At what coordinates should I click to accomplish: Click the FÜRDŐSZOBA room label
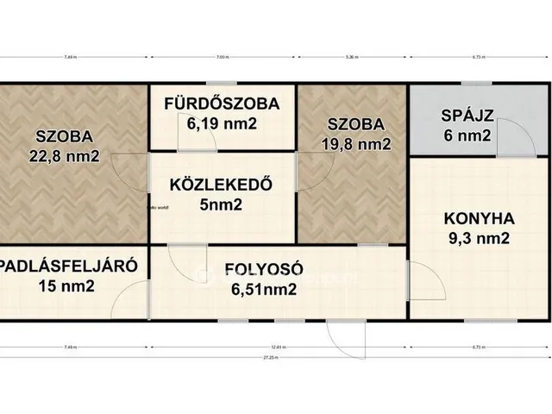pos(222,104)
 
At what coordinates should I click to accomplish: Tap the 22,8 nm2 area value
pos(64,156)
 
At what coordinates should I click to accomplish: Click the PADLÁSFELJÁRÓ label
pos(68,267)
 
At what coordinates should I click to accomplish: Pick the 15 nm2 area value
pos(66,287)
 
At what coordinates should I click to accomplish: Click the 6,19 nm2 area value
pos(222,124)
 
